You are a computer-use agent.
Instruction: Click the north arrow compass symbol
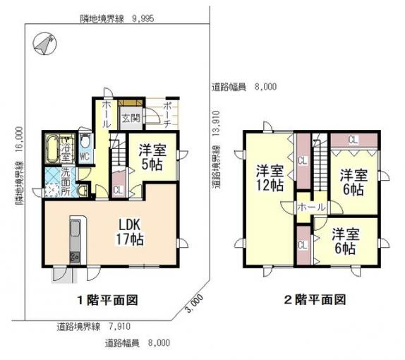point(45,44)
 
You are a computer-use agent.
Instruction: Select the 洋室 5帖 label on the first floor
point(152,157)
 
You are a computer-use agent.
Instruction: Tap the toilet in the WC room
point(85,141)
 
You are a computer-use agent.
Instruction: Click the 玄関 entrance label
point(131,118)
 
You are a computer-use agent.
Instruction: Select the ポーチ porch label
point(167,115)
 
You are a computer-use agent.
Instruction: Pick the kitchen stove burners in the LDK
point(75,257)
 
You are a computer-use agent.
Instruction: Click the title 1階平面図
point(108,300)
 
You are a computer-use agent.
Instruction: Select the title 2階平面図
point(315,300)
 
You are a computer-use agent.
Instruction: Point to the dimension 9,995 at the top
point(143,18)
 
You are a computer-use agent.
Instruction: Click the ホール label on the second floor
point(311,208)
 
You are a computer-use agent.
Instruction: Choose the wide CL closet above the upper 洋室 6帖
point(353,140)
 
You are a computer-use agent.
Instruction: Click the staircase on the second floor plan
point(320,162)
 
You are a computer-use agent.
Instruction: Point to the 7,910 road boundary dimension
point(119,327)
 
